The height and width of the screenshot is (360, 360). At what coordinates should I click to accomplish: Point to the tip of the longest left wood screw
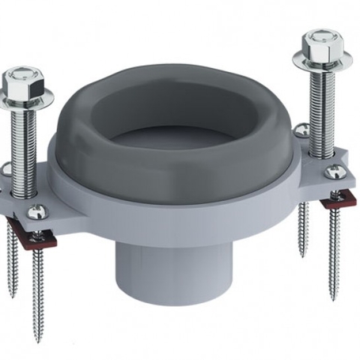(37, 338)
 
